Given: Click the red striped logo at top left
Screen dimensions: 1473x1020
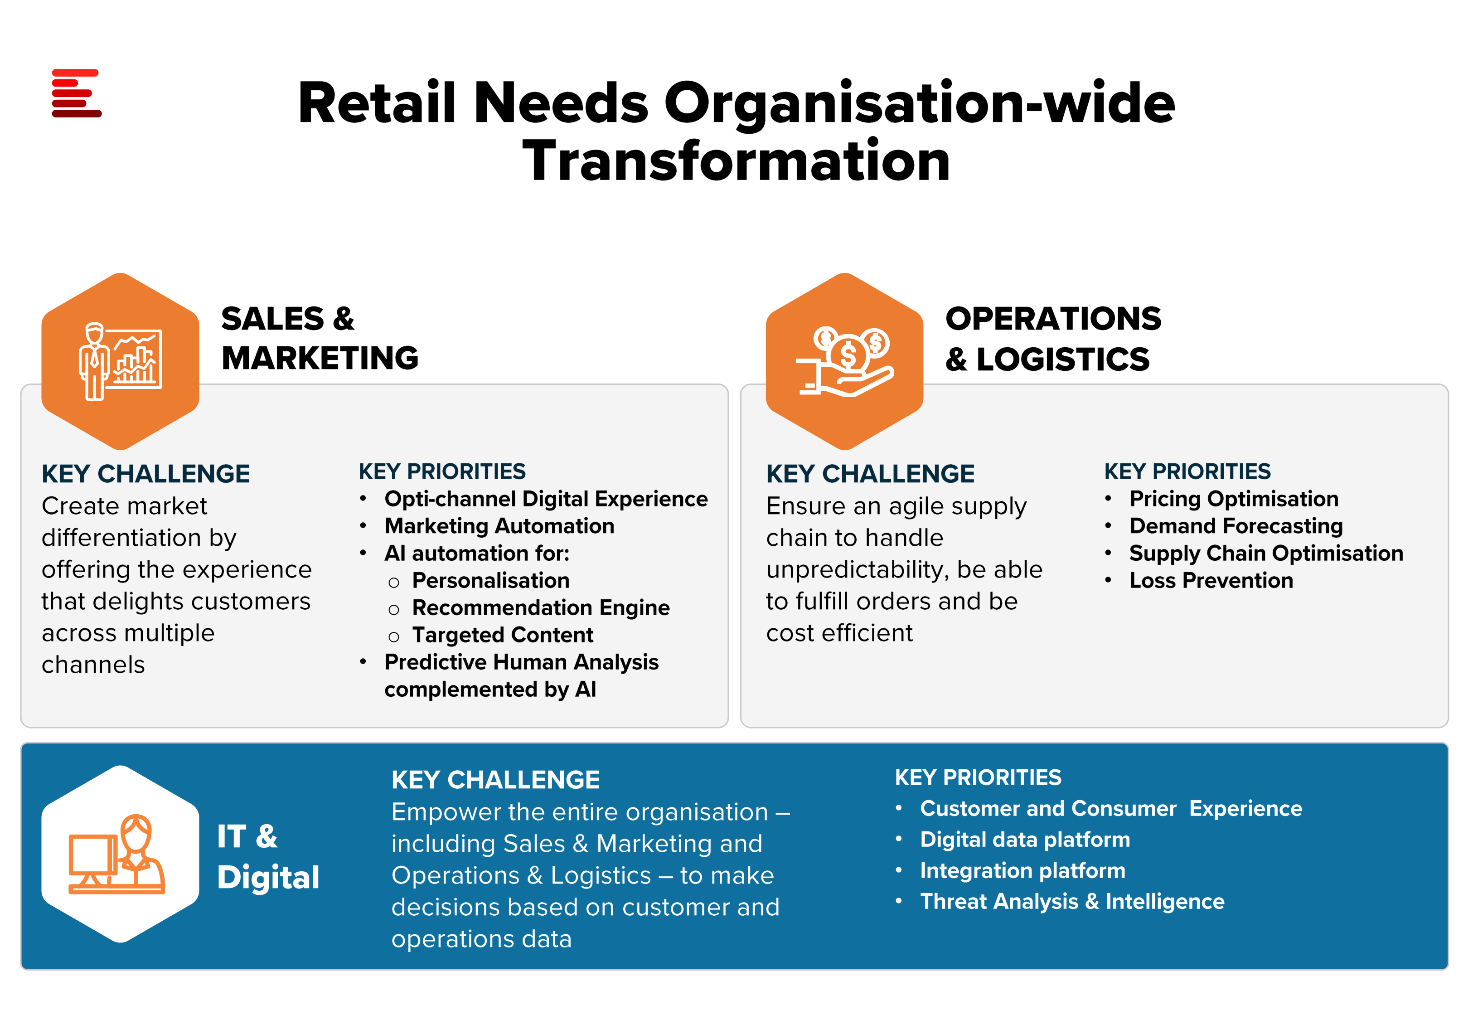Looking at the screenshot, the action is (77, 93).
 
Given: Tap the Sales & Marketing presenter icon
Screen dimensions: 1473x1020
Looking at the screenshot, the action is (120, 362).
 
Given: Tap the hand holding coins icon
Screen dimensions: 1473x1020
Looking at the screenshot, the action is (844, 362).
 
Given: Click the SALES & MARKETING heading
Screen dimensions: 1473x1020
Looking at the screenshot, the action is (320, 338).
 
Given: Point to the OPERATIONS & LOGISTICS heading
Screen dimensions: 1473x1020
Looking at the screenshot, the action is (1053, 339).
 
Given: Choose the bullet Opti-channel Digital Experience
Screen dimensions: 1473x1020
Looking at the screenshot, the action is (546, 499).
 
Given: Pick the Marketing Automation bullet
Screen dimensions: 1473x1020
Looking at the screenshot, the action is (499, 526).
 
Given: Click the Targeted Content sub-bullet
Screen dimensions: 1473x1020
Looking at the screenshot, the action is (503, 635).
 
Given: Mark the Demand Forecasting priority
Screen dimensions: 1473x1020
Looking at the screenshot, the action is (1236, 526).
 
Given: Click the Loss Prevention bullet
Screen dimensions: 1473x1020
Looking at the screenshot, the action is (1211, 580).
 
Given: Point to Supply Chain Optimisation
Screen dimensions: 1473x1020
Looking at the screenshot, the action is (1266, 554).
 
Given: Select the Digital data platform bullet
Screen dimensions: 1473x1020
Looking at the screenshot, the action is (1025, 839).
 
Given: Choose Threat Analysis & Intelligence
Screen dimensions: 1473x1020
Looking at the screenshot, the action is (1072, 901).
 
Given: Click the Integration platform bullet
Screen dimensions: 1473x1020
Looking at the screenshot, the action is (1022, 870).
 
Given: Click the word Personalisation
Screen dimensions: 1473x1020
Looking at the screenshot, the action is (490, 580).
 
